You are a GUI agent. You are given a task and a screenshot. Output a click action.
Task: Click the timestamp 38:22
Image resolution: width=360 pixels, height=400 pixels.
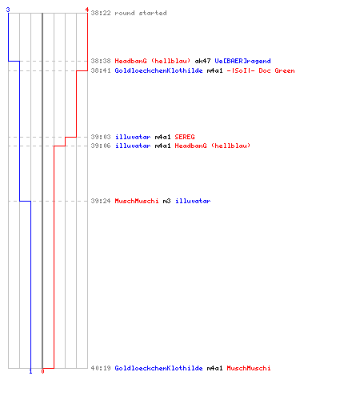click(101, 13)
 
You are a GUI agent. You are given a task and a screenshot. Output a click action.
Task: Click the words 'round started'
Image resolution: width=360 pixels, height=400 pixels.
click(141, 13)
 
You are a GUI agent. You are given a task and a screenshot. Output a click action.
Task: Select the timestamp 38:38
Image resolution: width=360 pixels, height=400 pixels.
click(101, 61)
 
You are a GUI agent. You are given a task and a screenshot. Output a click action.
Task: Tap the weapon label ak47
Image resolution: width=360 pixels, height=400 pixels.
click(202, 61)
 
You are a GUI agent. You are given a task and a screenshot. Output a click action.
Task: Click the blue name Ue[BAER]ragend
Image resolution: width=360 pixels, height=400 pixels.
click(242, 62)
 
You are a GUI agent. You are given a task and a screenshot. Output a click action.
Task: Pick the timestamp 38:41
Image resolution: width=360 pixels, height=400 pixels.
click(101, 70)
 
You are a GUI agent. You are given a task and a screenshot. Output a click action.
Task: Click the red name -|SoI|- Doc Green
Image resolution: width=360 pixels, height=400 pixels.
click(261, 70)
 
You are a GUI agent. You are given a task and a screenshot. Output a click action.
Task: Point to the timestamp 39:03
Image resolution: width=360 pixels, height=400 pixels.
click(101, 137)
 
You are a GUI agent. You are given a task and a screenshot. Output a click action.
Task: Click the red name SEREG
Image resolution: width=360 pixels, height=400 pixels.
click(185, 137)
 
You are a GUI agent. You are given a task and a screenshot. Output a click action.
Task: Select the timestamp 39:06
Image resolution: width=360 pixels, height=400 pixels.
click(101, 146)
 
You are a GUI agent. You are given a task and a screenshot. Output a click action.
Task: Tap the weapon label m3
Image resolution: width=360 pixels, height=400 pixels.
click(166, 201)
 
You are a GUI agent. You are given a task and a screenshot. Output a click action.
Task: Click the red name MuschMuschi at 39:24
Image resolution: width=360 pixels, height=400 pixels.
click(137, 201)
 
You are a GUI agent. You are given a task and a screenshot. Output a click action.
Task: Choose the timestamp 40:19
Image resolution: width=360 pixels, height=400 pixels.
click(101, 368)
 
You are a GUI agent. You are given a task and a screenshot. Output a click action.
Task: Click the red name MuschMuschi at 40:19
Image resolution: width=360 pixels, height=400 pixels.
click(249, 368)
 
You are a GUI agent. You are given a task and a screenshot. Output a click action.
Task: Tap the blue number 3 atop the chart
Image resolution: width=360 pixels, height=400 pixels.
click(8, 10)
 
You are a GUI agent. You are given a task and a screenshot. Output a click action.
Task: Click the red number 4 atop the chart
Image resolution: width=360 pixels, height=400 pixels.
click(87, 10)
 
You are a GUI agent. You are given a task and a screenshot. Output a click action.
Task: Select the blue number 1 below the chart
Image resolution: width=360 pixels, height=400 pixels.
click(30, 371)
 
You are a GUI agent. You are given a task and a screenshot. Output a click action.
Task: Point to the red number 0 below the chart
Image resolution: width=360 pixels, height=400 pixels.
click(42, 371)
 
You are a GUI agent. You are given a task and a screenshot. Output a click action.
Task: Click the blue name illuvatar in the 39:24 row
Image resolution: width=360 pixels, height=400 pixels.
click(193, 201)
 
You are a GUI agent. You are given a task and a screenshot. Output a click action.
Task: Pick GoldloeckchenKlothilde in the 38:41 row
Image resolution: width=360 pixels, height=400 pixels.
click(158, 70)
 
